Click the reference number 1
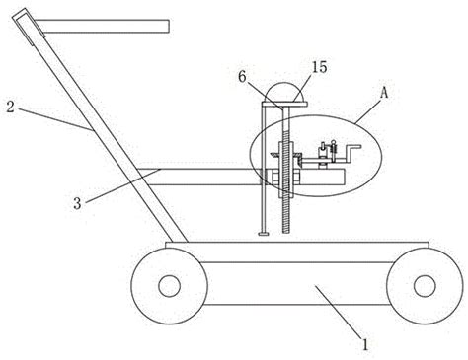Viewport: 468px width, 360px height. [365, 344]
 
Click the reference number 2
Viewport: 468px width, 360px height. [10, 107]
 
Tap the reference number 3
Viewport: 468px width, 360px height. [77, 203]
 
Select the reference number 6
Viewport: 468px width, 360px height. [242, 77]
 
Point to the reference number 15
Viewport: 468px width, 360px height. [320, 67]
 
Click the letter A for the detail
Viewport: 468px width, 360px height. [384, 93]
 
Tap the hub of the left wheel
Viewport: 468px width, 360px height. [169, 286]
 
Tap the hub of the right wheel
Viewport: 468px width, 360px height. [425, 286]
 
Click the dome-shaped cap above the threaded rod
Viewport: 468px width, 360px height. [285, 92]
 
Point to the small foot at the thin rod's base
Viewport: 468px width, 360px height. [264, 234]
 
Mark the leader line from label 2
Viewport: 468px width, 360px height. [56, 119]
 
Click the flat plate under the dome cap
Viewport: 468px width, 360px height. [285, 105]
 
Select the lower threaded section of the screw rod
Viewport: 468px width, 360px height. [286, 215]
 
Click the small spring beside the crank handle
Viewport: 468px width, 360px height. [334, 149]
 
